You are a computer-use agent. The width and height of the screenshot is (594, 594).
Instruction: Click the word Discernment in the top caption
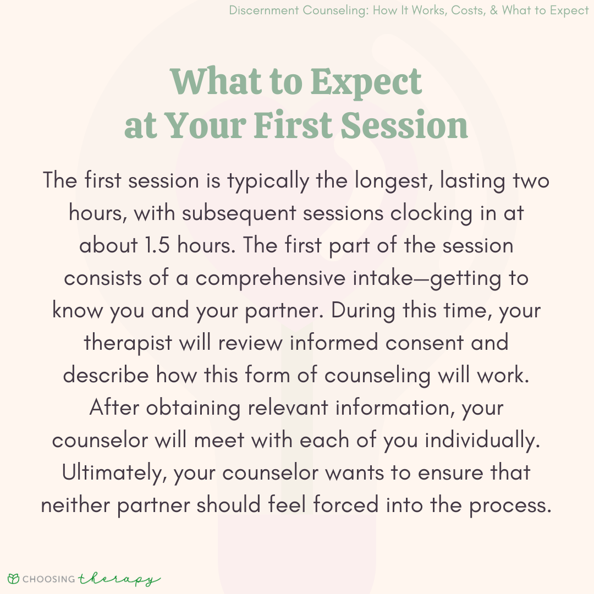pos(263,10)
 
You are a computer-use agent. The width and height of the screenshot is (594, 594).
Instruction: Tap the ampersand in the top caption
pos(493,10)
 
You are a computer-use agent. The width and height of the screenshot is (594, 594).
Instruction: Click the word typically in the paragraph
pos(268,181)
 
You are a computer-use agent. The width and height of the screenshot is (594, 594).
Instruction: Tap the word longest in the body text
pos(393,181)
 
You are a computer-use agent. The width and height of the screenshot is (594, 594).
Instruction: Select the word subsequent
pos(239,213)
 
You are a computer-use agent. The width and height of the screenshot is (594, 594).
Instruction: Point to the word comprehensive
pos(270,278)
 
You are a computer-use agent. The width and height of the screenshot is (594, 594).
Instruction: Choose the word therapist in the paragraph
pos(128,343)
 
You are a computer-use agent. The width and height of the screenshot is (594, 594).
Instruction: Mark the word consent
pos(424,343)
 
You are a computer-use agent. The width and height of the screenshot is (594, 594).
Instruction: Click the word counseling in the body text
pos(377,376)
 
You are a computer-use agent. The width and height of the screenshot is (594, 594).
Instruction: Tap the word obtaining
pos(193,408)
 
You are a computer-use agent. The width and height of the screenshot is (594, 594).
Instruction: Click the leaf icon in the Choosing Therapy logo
pos(13,579)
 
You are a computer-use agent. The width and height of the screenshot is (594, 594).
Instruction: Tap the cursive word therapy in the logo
pos(119,580)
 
